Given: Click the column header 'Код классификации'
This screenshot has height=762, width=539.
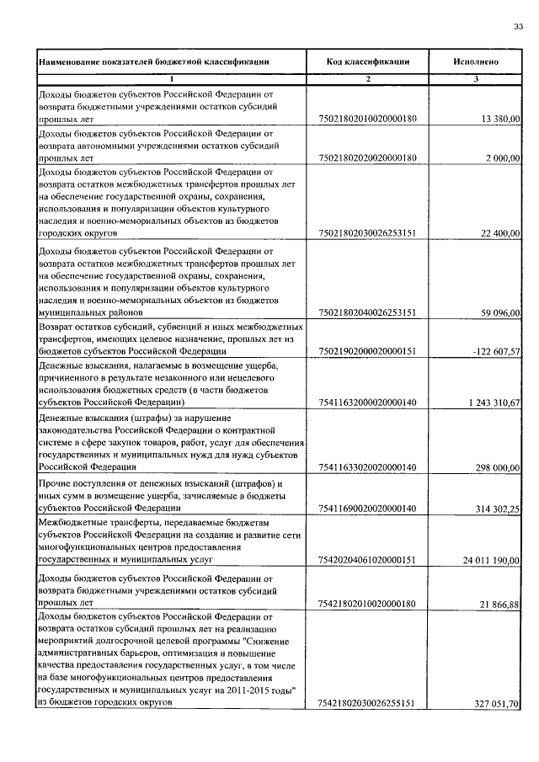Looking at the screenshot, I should pos(368,61).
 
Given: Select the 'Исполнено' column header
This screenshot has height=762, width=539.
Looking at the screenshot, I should pos(476,61).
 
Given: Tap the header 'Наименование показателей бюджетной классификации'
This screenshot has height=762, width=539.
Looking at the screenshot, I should pos(154,61).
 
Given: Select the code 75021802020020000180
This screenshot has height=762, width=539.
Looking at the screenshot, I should pos(367,157).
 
